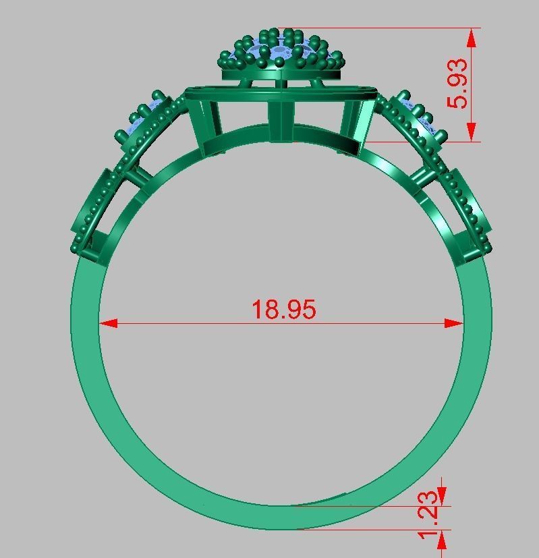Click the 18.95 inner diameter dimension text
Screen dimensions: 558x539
(x=283, y=309)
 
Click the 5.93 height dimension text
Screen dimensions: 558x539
(x=458, y=84)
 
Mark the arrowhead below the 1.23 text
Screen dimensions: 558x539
(x=442, y=538)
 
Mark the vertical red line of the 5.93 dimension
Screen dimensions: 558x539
(x=471, y=84)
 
